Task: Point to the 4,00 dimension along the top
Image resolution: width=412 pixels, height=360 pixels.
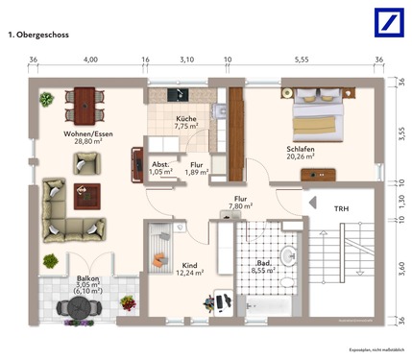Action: [x=90, y=60]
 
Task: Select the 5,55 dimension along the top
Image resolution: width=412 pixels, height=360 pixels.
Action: [x=302, y=60]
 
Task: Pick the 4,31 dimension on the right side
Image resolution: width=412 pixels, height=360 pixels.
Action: [x=400, y=257]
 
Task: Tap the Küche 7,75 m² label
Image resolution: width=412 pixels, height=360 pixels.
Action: [x=185, y=122]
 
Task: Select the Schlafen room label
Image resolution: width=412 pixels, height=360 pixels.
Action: [x=301, y=153]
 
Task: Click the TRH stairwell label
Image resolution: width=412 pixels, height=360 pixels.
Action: [x=341, y=208]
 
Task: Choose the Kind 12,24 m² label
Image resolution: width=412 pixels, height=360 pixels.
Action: [x=191, y=268]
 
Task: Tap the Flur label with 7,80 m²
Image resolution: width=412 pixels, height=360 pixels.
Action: [x=240, y=202]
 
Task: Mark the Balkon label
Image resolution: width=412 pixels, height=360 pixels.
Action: [x=88, y=284]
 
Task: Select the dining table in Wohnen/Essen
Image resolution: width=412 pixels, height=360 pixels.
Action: [x=85, y=99]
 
